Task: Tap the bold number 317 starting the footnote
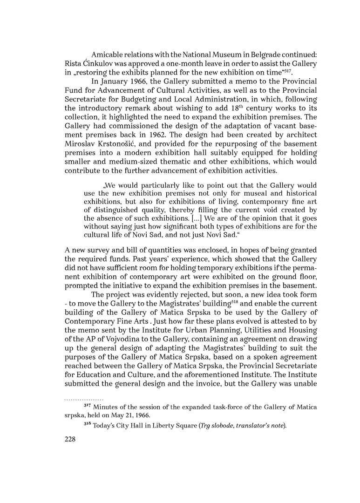point(94,407)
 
